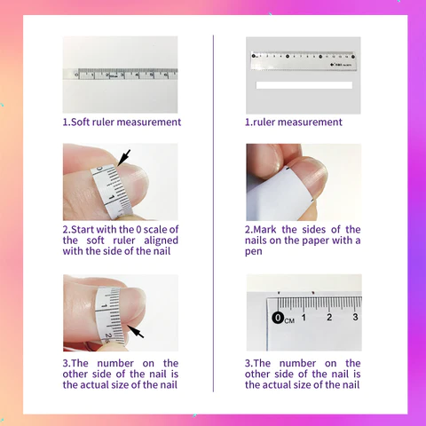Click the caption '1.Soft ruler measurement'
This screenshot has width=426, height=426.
(x=122, y=122)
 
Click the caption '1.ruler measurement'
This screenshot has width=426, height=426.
(x=294, y=122)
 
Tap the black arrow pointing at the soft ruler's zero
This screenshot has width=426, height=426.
(x=123, y=158)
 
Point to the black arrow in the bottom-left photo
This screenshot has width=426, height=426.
(x=136, y=331)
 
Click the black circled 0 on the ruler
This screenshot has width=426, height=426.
(x=278, y=318)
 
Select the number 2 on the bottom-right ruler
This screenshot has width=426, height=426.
(x=329, y=317)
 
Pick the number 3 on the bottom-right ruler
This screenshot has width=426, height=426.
(x=355, y=317)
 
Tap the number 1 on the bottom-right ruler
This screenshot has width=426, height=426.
(x=304, y=318)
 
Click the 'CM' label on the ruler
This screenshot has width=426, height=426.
(x=289, y=320)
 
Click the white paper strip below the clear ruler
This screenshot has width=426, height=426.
(x=304, y=85)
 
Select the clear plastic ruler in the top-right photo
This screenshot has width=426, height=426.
(x=304, y=61)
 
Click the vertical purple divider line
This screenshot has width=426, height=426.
(x=213, y=213)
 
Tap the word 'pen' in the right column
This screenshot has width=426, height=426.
(x=254, y=252)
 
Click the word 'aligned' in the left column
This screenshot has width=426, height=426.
(x=161, y=241)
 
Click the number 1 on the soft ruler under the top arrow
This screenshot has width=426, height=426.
(x=111, y=197)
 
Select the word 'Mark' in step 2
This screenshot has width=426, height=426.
(x=264, y=230)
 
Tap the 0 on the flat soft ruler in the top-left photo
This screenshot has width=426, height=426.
(x=77, y=75)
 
